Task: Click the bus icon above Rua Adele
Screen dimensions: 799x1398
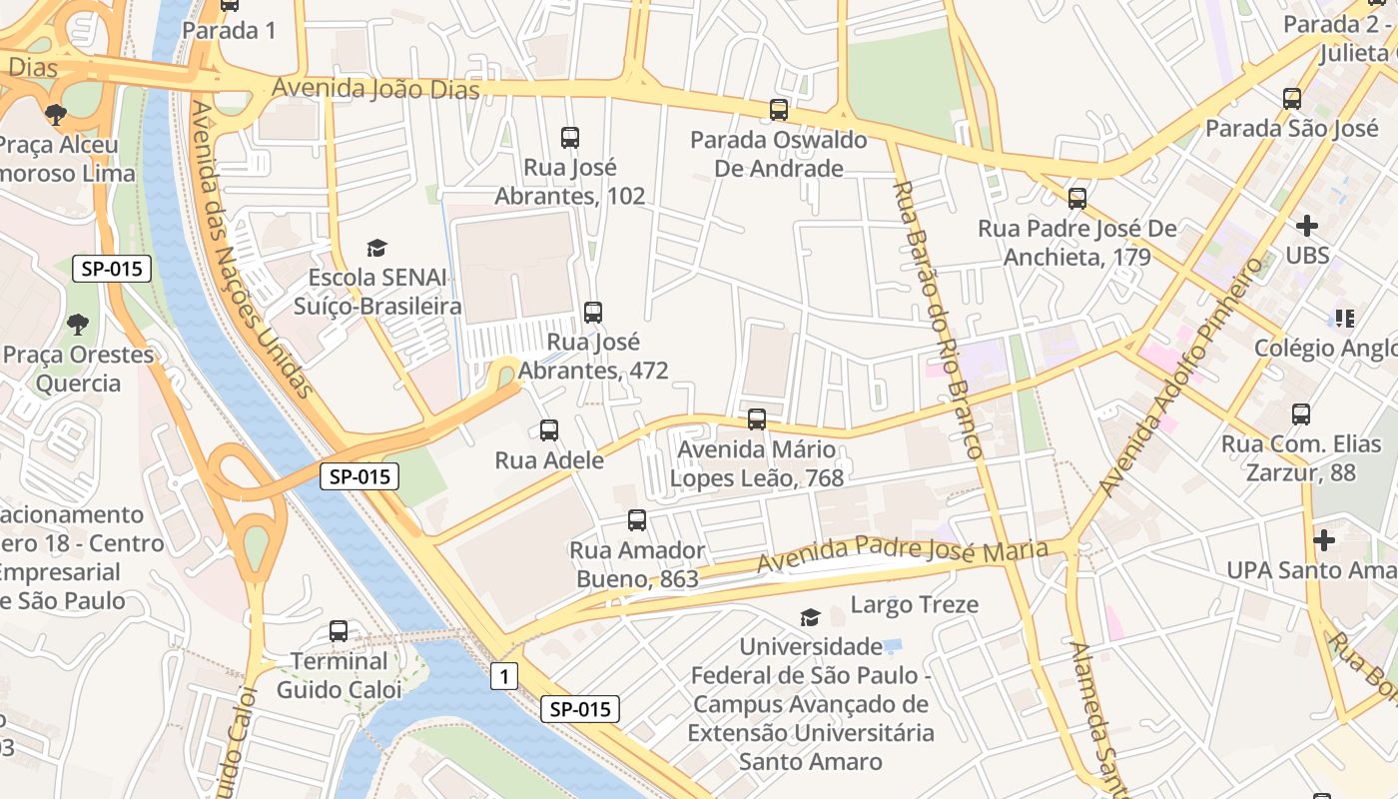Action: pyautogui.click(x=549, y=430)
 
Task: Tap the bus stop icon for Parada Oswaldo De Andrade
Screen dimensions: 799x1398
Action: pyautogui.click(x=779, y=110)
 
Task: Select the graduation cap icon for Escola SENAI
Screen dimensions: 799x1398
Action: pyautogui.click(x=376, y=248)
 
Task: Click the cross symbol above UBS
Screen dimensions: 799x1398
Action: pyautogui.click(x=1306, y=226)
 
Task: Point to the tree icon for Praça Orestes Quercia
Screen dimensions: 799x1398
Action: pyautogui.click(x=77, y=325)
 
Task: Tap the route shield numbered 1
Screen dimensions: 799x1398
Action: pyautogui.click(x=504, y=677)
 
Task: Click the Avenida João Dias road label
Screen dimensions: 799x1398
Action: pyautogui.click(x=375, y=90)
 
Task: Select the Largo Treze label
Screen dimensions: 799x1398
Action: pyautogui.click(x=914, y=604)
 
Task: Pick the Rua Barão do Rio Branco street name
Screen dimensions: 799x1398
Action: pyautogui.click(x=939, y=320)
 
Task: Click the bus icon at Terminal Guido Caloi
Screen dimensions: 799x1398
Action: pyautogui.click(x=339, y=631)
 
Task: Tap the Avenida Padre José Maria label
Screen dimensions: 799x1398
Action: pyautogui.click(x=902, y=555)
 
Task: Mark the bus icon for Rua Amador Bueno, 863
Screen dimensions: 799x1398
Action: pyautogui.click(x=637, y=520)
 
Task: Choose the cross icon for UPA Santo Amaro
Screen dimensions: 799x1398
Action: pyautogui.click(x=1324, y=540)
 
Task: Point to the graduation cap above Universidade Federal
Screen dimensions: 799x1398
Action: pyautogui.click(x=810, y=618)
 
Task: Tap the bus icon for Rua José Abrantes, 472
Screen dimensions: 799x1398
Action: pyautogui.click(x=593, y=313)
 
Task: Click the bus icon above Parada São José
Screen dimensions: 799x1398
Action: pyautogui.click(x=1292, y=99)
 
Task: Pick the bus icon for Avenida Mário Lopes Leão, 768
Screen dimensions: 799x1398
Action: pyautogui.click(x=757, y=419)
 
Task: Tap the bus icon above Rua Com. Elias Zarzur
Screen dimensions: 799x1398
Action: pyautogui.click(x=1301, y=414)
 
